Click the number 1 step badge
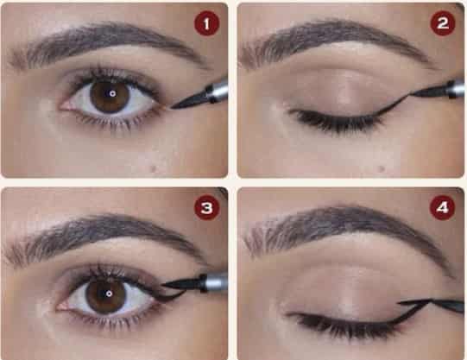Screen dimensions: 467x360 [x=206, y=23]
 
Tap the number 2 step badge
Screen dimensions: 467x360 [x=443, y=23]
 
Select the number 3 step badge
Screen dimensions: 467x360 [x=206, y=208]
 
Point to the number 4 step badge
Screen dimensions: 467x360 [x=442, y=207]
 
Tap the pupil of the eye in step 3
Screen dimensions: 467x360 [x=109, y=294]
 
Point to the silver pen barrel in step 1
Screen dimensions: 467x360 [x=218, y=89]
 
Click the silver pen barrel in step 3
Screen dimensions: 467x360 [x=215, y=281]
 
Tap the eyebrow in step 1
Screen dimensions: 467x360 [x=104, y=41]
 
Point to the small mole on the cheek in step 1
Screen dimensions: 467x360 [x=154, y=169]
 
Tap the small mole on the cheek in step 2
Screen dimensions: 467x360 [x=381, y=169]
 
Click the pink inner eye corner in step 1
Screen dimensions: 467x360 [x=66, y=105]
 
